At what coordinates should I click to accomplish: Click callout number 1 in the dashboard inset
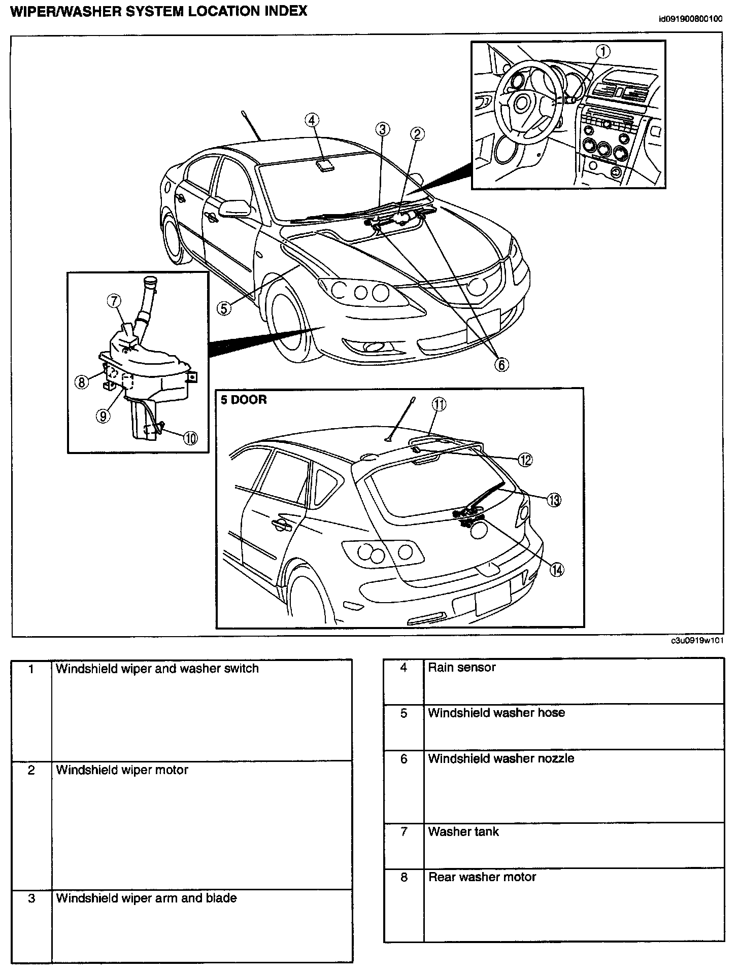[603, 51]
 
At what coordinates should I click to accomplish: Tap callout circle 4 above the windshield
[312, 120]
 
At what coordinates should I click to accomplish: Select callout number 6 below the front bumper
[501, 364]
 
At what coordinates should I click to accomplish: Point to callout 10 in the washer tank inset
[190, 437]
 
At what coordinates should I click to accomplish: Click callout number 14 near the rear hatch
[557, 570]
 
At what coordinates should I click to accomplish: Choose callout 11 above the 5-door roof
[439, 404]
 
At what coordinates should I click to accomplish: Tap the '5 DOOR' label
[244, 400]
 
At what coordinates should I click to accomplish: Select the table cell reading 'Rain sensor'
[461, 668]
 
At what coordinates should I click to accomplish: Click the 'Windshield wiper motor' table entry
[122, 770]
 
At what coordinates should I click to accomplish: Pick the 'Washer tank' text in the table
[463, 831]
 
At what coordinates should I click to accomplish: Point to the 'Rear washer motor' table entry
[482, 877]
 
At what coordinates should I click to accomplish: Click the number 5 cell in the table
[404, 713]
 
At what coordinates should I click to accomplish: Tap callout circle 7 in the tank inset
[114, 301]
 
